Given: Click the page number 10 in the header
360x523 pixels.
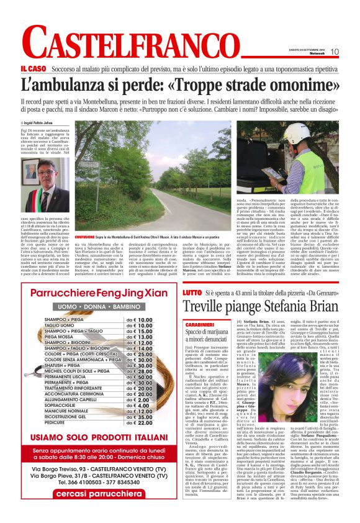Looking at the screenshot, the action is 335,52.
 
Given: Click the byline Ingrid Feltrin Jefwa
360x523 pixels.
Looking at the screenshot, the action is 41,124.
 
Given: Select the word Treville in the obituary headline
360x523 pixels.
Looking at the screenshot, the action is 208,306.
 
